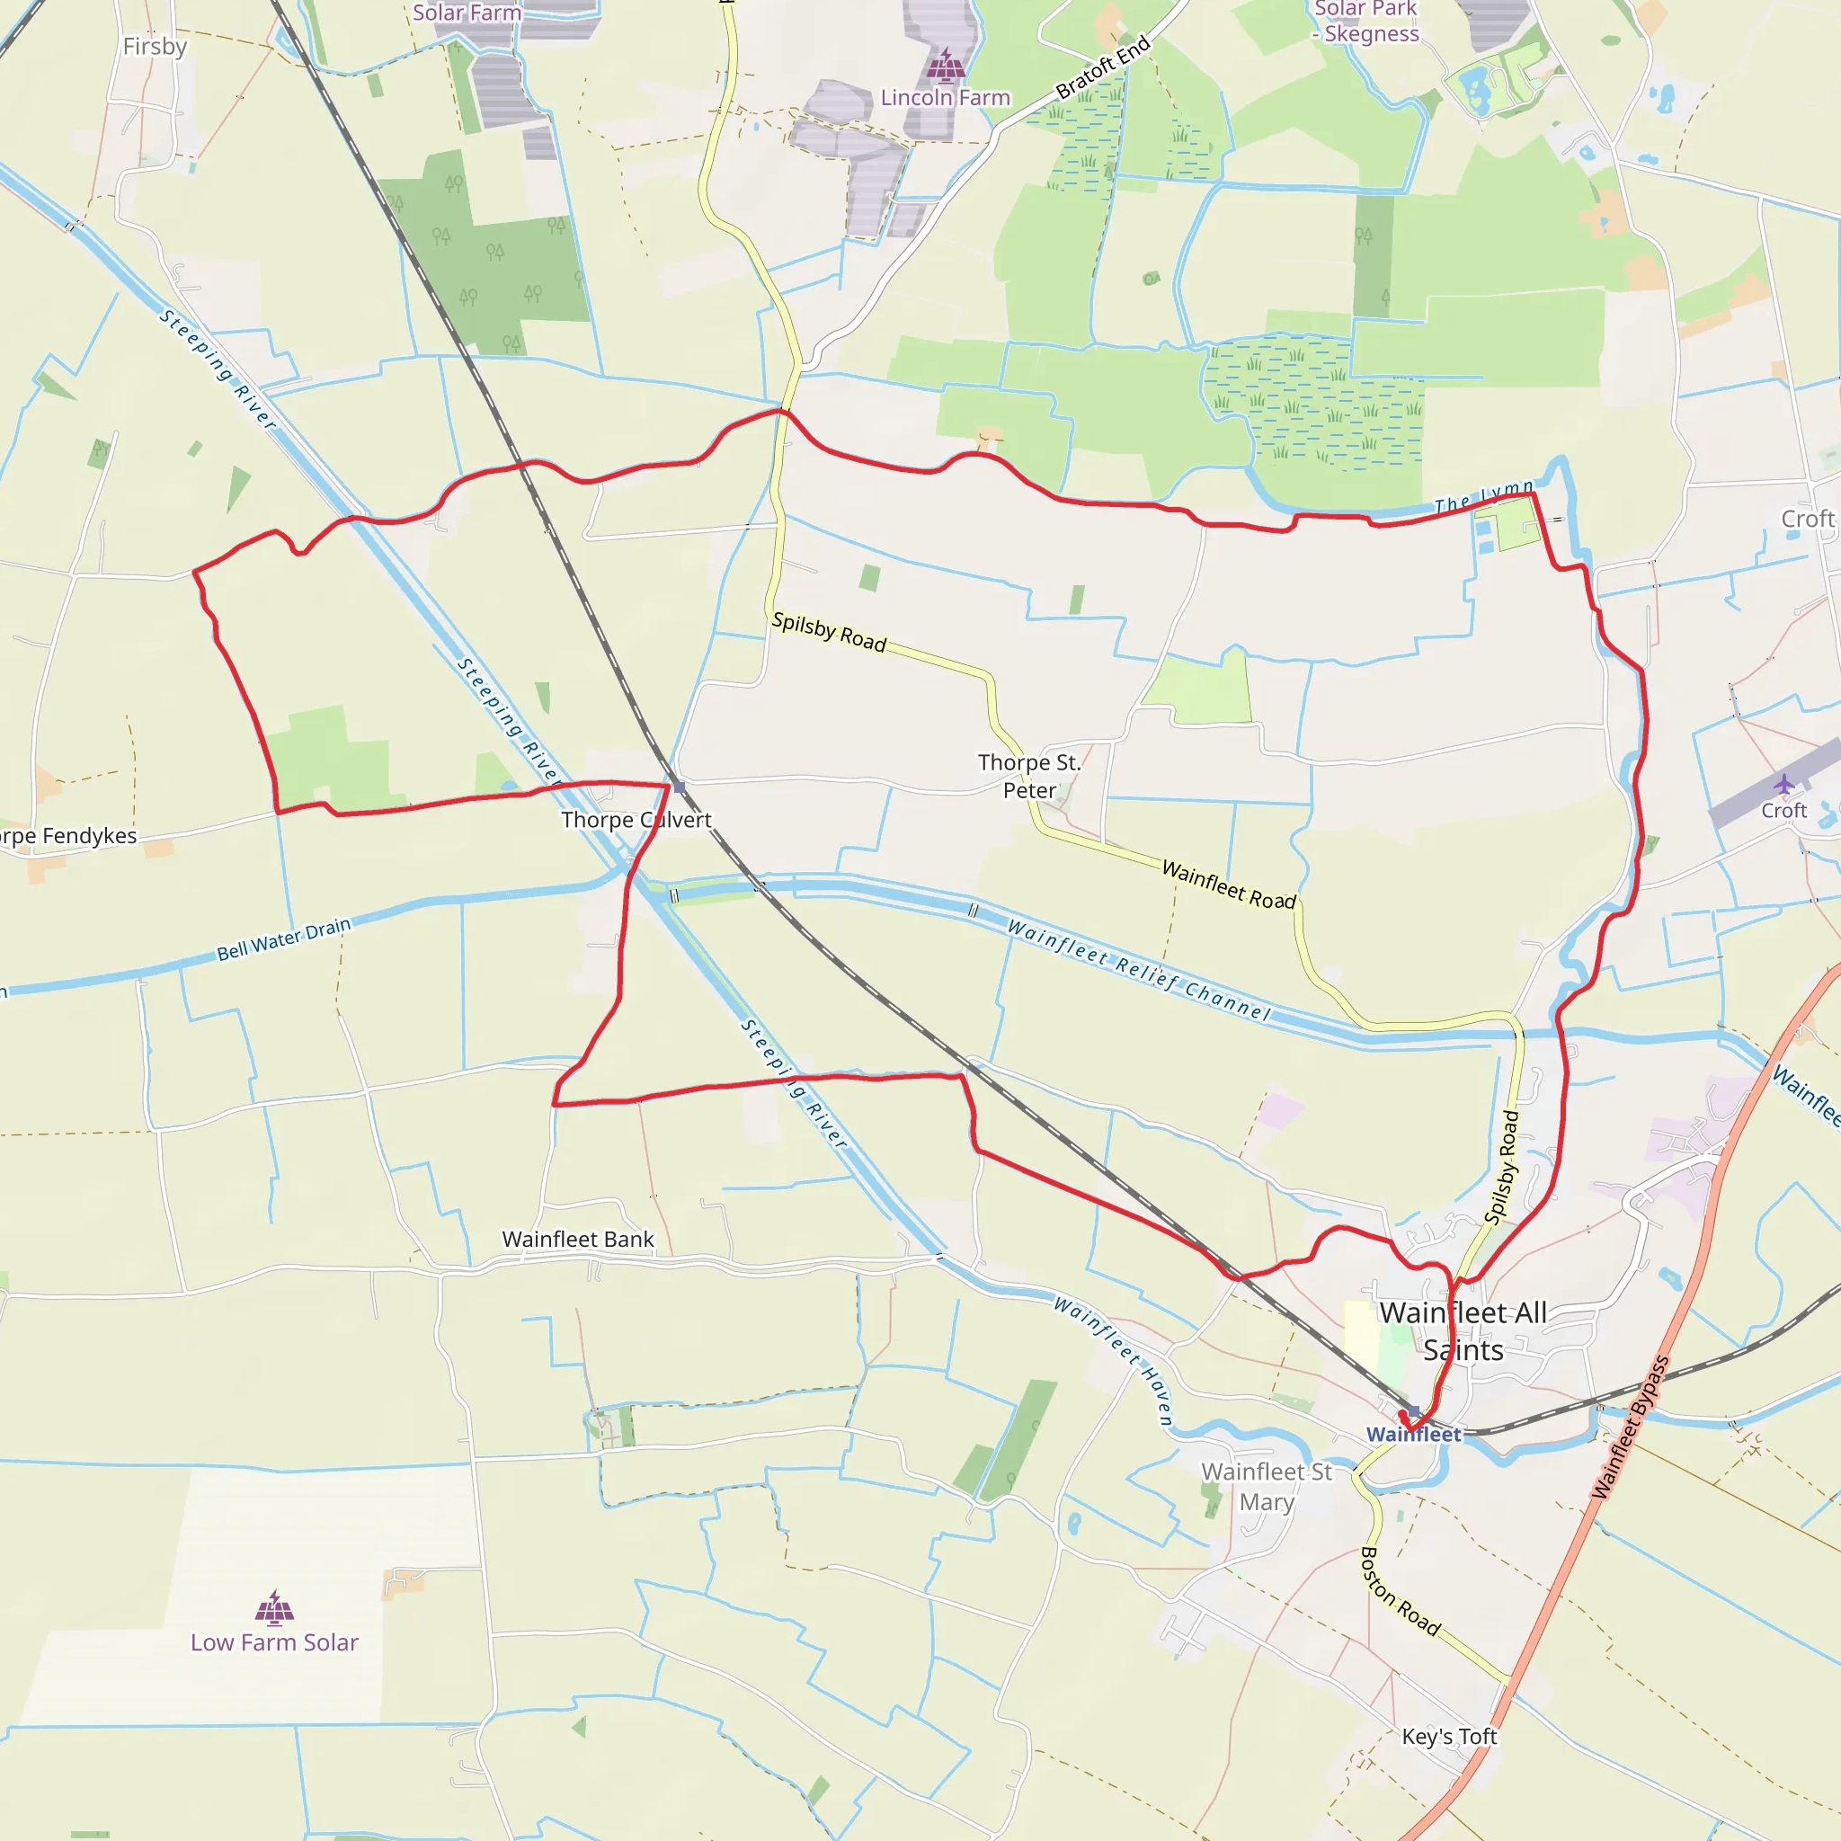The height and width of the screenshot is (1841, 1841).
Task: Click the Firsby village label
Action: (x=155, y=47)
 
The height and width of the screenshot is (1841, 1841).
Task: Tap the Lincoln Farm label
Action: (x=945, y=97)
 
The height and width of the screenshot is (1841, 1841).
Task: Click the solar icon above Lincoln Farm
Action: (x=946, y=66)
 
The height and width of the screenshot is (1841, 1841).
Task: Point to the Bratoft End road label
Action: (x=1104, y=67)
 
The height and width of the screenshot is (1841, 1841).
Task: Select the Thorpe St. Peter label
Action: (x=1029, y=776)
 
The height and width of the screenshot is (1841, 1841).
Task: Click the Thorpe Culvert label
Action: (x=636, y=820)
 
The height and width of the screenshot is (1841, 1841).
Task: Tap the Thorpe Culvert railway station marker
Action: (x=680, y=787)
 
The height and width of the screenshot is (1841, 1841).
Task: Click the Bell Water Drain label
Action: (x=284, y=938)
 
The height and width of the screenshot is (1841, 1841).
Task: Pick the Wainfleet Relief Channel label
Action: (x=1139, y=970)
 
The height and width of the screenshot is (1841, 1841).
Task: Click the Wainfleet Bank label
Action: (x=577, y=1239)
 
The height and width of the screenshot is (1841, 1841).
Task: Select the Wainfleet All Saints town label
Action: (x=1463, y=1331)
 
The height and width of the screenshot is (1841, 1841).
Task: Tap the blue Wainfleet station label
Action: (x=1413, y=1434)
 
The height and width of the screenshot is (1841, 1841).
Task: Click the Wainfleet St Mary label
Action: (x=1267, y=1487)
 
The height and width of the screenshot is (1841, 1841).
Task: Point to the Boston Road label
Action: (x=1399, y=1591)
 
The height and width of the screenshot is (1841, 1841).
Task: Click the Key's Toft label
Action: (x=1449, y=1736)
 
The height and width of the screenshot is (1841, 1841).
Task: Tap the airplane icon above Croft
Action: (x=1783, y=784)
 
